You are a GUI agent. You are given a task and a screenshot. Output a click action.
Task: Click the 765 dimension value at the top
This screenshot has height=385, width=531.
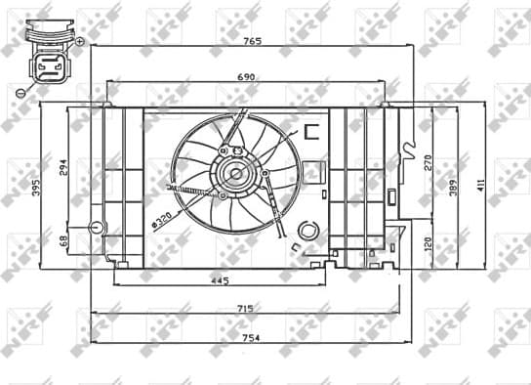pyautogui.click(x=252, y=43)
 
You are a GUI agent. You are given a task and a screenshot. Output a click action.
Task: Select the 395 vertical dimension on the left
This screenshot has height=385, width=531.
pyautogui.click(x=37, y=187)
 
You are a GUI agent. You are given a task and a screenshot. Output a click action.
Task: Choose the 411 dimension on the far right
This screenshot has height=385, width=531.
pyautogui.click(x=479, y=185)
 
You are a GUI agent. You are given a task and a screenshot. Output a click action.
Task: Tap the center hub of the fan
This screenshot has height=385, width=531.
pyautogui.click(x=234, y=175)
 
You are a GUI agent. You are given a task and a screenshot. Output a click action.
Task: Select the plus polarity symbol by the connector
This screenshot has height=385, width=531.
pyautogui.click(x=79, y=42)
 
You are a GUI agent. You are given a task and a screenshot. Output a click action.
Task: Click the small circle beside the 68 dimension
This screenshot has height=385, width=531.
pyautogui.click(x=96, y=228)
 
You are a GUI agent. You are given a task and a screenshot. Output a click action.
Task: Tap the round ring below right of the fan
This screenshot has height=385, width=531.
pyautogui.click(x=306, y=231)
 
